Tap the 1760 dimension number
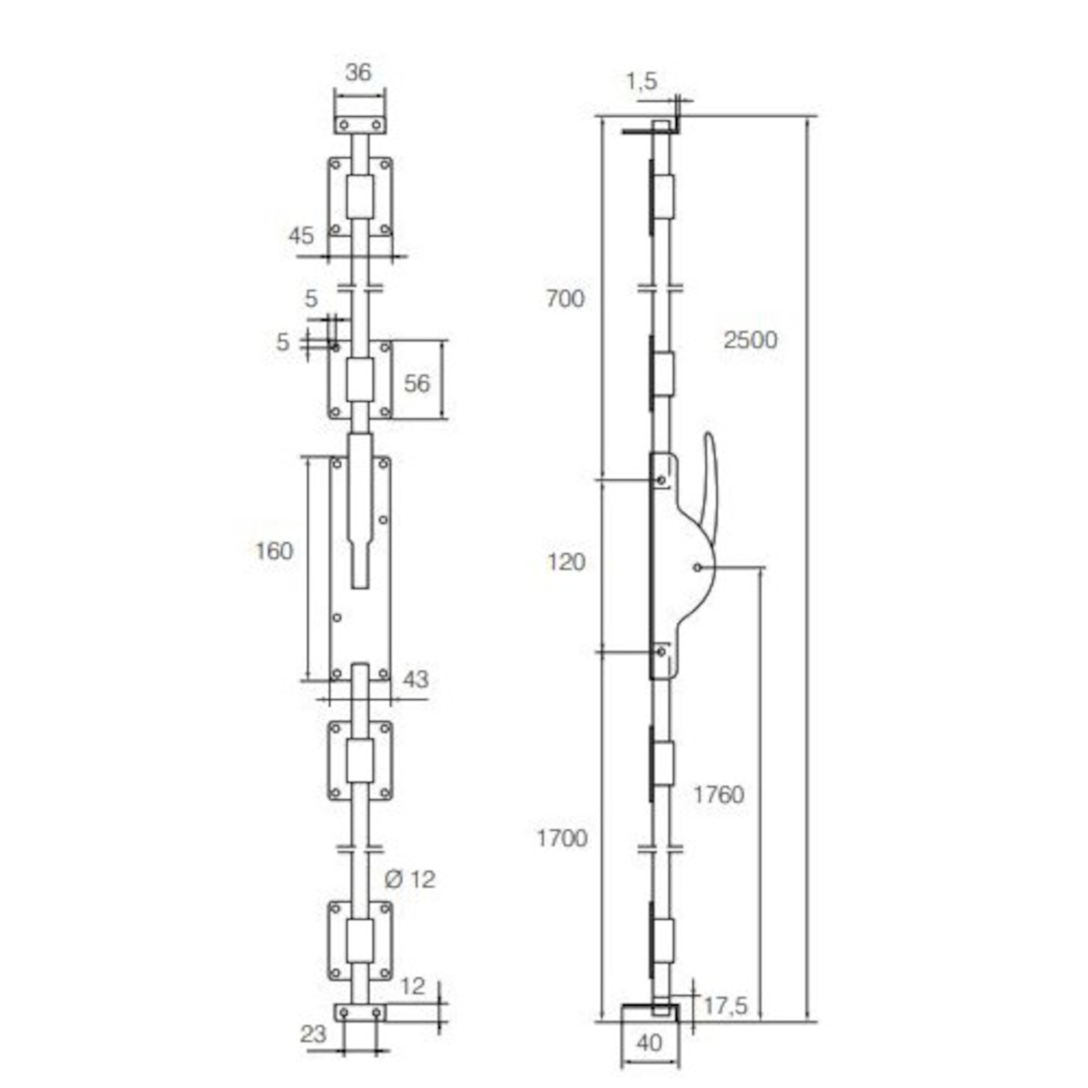[x=719, y=795]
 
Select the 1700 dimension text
[x=562, y=839]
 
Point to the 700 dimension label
[x=565, y=299]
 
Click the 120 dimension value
[x=567, y=562]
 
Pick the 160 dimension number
[x=274, y=551]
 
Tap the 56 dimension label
[x=417, y=383]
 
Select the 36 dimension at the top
[x=358, y=72]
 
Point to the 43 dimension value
[x=416, y=680]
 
